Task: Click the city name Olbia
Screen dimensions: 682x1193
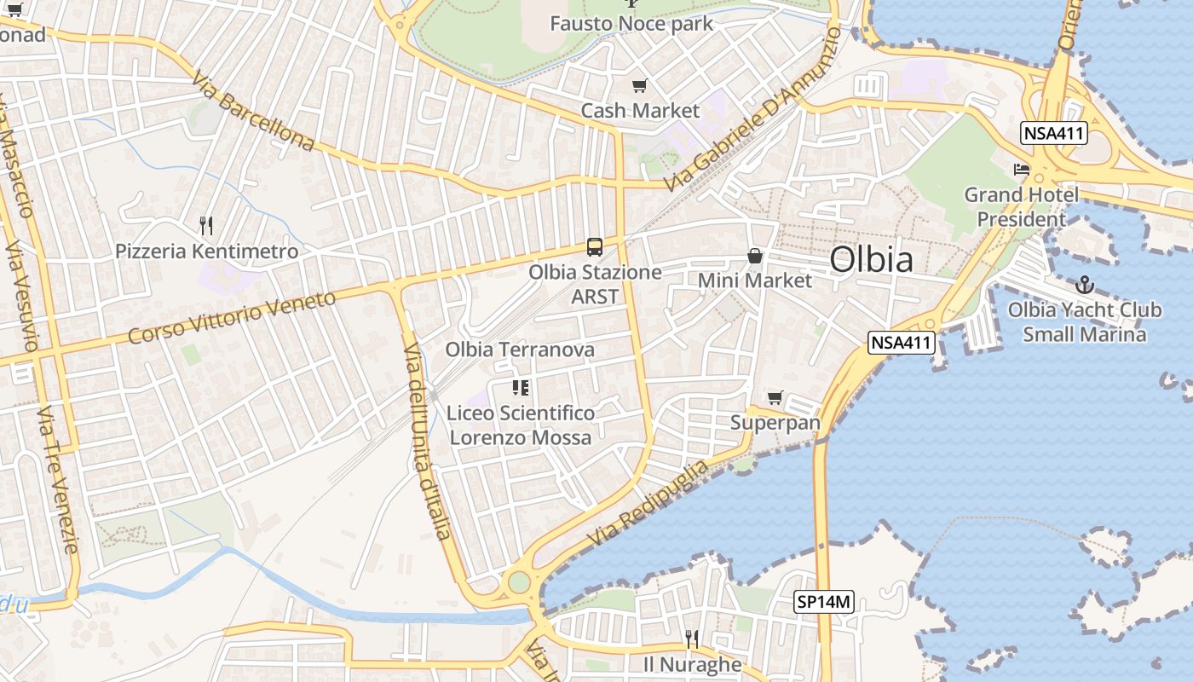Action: [871, 260]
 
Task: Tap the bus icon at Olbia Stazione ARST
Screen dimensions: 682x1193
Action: [595, 247]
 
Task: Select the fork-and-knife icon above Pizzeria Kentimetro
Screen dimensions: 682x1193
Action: [205, 226]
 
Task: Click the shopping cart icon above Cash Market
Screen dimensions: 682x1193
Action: [640, 85]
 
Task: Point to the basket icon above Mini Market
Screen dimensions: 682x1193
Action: [755, 255]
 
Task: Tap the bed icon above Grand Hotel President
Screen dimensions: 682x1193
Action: [1021, 170]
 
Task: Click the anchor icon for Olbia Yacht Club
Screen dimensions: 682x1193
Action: [1085, 285]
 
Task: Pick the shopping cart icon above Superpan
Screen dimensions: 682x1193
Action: [775, 397]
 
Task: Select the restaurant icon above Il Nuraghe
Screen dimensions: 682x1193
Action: [692, 639]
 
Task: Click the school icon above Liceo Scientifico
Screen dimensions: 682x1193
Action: [521, 389]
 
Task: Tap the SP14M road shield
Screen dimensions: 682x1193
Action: [824, 602]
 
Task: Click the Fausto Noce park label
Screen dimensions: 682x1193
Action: [631, 23]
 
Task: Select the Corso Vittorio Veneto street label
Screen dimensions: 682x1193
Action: [233, 317]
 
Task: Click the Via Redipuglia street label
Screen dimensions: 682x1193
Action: [648, 504]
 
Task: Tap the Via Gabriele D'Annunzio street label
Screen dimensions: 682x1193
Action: [753, 109]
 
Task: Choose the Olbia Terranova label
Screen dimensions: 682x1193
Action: [520, 350]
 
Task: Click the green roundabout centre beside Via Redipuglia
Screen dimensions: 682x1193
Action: [517, 583]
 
